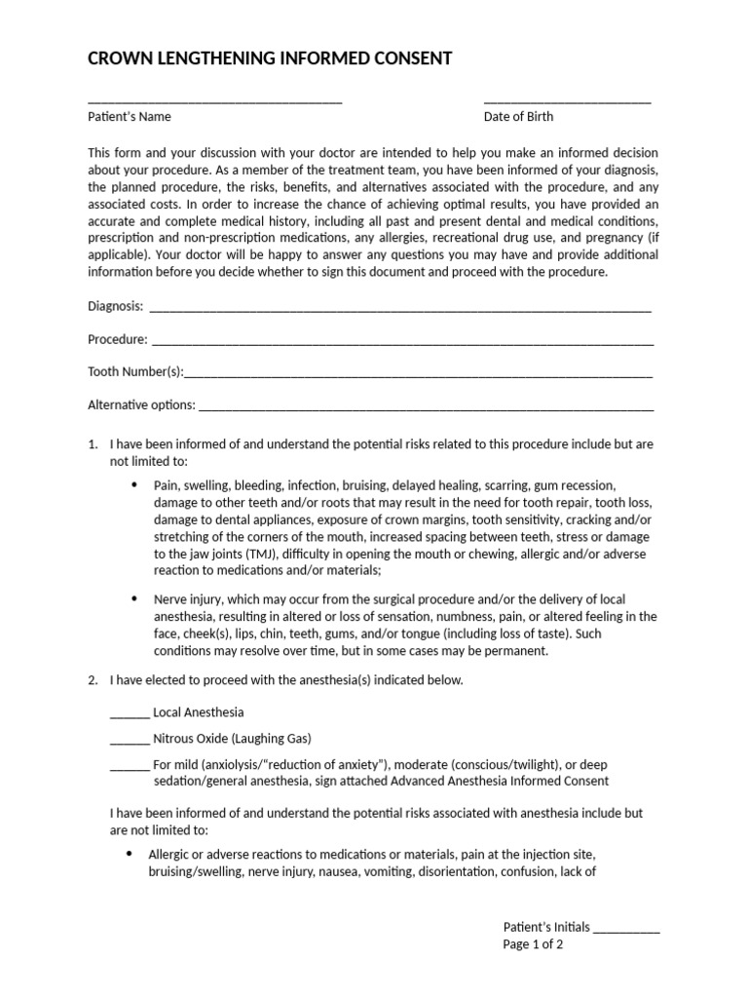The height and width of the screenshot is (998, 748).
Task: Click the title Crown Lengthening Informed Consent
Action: pyautogui.click(x=270, y=58)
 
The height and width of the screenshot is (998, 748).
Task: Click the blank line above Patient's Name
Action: pyautogui.click(x=214, y=100)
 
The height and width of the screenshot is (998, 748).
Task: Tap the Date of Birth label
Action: pyautogui.click(x=518, y=117)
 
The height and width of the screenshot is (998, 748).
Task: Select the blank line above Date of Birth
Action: pyautogui.click(x=567, y=100)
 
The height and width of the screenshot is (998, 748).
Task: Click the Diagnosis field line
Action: pyautogui.click(x=399, y=309)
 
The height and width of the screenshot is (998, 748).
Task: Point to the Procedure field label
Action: pyautogui.click(x=118, y=340)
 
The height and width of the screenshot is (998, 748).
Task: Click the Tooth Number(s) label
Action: pyautogui.click(x=135, y=372)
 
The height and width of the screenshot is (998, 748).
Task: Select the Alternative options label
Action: pyautogui.click(x=141, y=404)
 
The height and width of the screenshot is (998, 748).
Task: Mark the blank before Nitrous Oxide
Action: pyautogui.click(x=130, y=740)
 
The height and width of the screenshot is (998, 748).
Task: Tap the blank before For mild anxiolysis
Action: pyautogui.click(x=130, y=766)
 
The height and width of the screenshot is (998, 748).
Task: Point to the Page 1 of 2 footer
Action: pyautogui.click(x=533, y=944)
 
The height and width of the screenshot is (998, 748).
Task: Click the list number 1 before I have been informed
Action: pyautogui.click(x=93, y=444)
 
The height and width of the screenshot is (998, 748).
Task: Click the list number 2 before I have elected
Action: pyautogui.click(x=93, y=680)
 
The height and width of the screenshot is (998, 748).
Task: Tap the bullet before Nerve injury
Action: pyautogui.click(x=133, y=597)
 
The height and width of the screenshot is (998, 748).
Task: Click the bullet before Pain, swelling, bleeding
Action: pyautogui.click(x=133, y=484)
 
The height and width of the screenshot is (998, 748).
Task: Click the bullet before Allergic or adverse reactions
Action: pyautogui.click(x=129, y=853)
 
